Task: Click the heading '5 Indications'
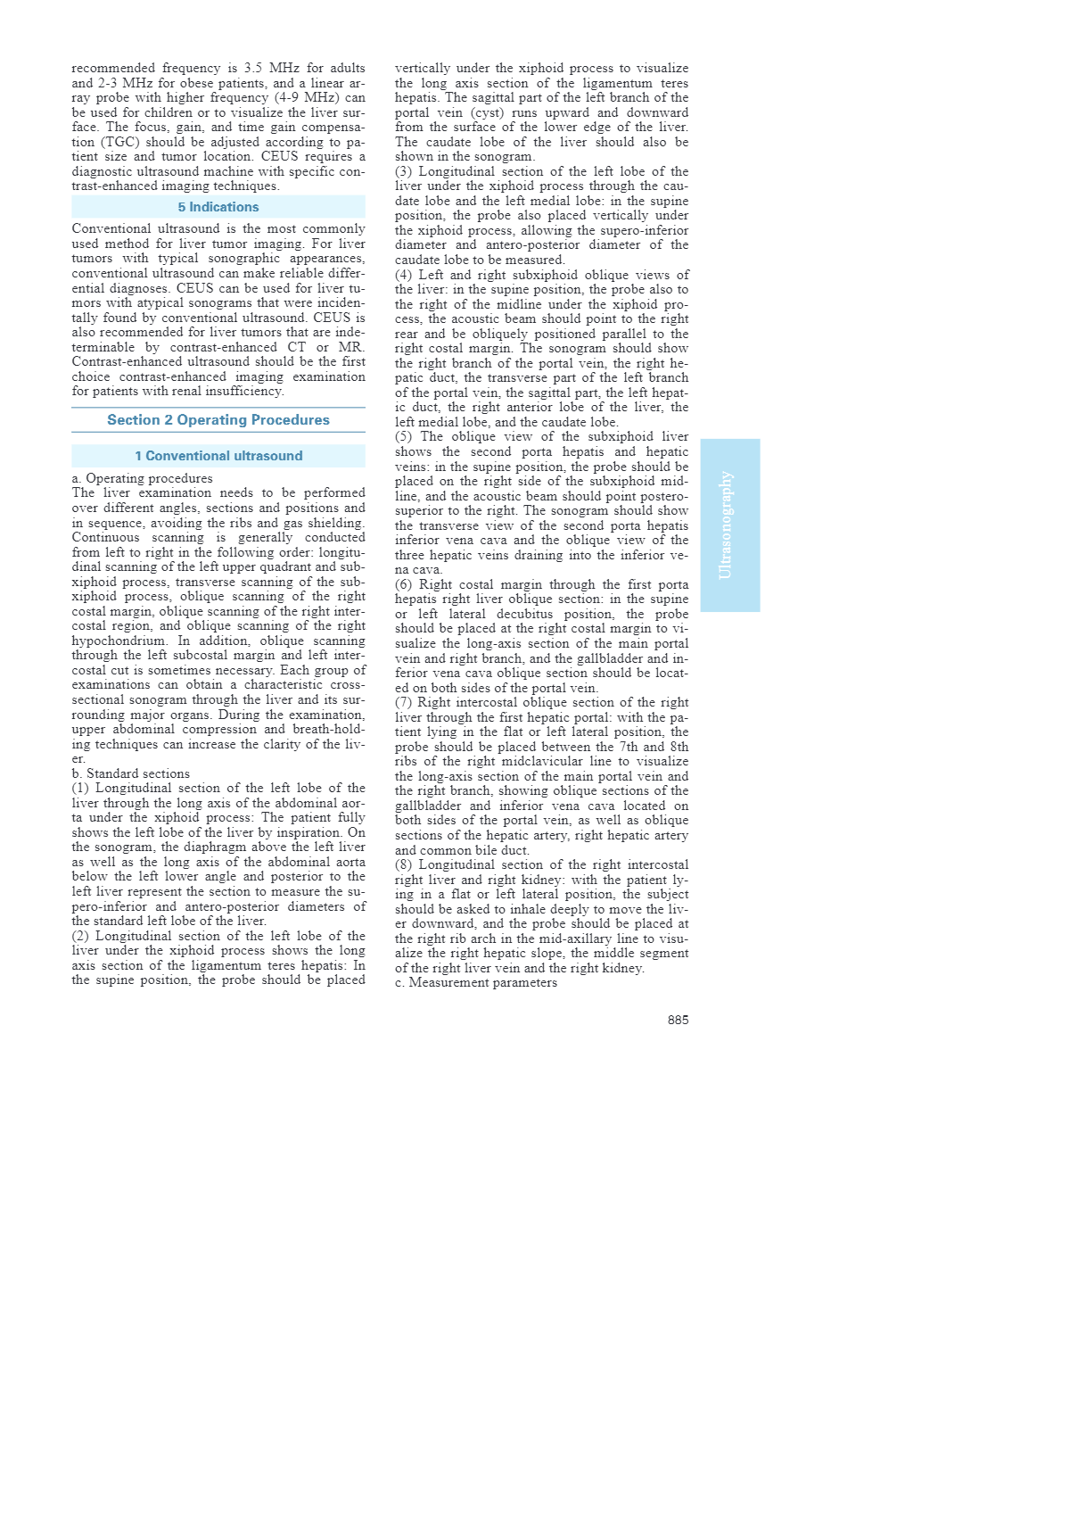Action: [x=218, y=207]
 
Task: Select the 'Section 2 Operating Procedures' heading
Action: [x=218, y=420]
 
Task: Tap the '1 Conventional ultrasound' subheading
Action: [x=218, y=456]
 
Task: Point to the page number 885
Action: [x=678, y=1020]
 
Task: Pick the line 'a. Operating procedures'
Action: [x=143, y=478]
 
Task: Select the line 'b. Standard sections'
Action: [x=131, y=773]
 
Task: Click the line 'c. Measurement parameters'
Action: [x=476, y=982]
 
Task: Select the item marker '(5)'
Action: [x=406, y=436]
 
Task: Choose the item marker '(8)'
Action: [x=406, y=864]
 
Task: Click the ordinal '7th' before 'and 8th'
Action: [x=630, y=747]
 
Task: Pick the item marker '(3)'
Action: [x=406, y=171]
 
